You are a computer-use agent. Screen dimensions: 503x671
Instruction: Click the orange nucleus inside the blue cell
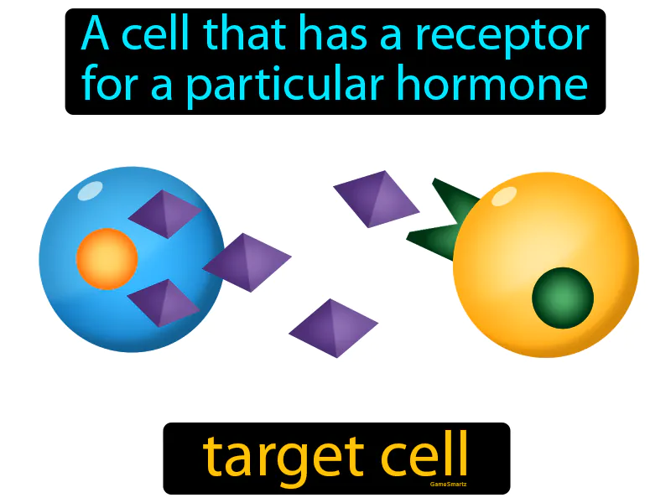(x=107, y=258)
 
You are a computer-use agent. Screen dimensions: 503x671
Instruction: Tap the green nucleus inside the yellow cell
(x=563, y=298)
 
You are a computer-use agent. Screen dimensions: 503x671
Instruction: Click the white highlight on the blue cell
(x=89, y=191)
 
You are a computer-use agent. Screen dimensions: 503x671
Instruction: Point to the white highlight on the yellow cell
(x=503, y=197)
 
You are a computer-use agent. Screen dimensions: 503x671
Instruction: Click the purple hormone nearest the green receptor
(x=377, y=199)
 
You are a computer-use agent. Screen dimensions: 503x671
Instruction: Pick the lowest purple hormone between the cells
(x=333, y=328)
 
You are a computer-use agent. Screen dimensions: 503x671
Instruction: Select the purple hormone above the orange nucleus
(x=165, y=214)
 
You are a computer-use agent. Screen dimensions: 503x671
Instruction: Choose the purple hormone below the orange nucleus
(x=164, y=302)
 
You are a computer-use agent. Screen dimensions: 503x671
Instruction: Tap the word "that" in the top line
(x=245, y=37)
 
